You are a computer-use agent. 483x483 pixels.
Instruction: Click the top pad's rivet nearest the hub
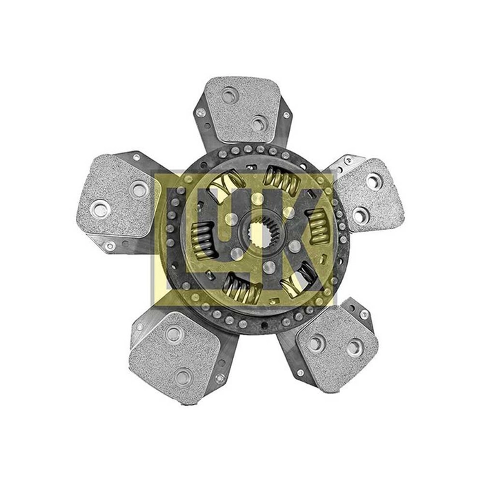[259, 124]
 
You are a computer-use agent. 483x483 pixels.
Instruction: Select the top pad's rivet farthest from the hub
[228, 96]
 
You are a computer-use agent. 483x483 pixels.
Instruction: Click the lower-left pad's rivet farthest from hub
[183, 377]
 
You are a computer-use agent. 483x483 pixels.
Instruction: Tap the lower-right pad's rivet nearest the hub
[313, 341]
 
